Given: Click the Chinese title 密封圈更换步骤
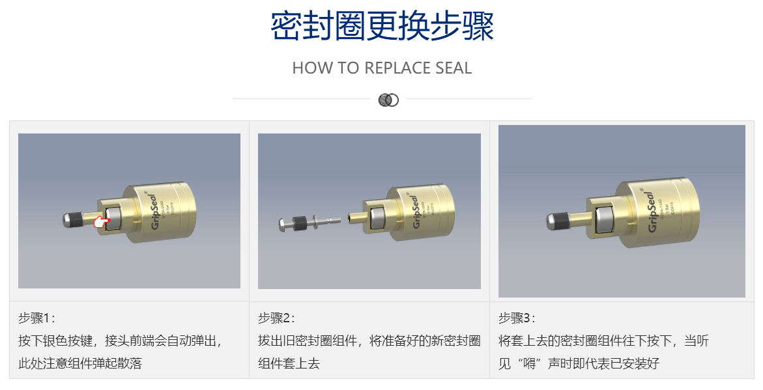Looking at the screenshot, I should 382,27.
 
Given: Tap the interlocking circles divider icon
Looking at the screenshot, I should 388,100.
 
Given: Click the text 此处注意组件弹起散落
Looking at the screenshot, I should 79,363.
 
